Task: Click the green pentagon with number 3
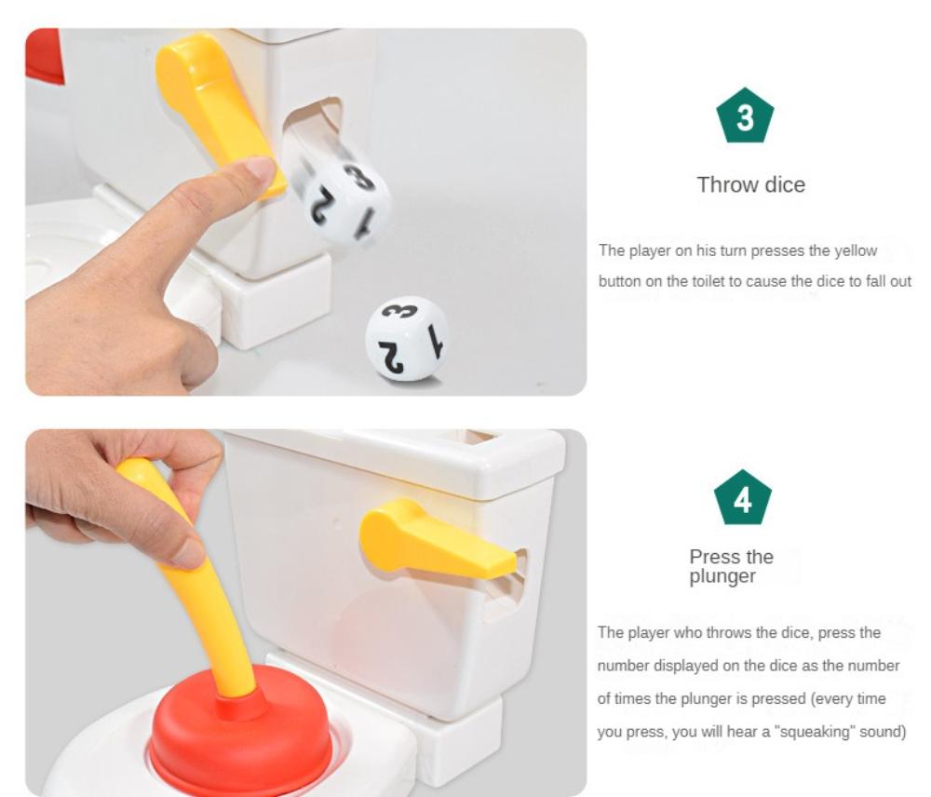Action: pyautogui.click(x=746, y=118)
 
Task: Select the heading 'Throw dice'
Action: pyautogui.click(x=750, y=184)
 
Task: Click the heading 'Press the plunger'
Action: pyautogui.click(x=731, y=566)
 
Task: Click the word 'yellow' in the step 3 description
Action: pyautogui.click(x=857, y=250)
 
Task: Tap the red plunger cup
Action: pyautogui.click(x=240, y=736)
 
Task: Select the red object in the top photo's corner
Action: pyautogui.click(x=44, y=56)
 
